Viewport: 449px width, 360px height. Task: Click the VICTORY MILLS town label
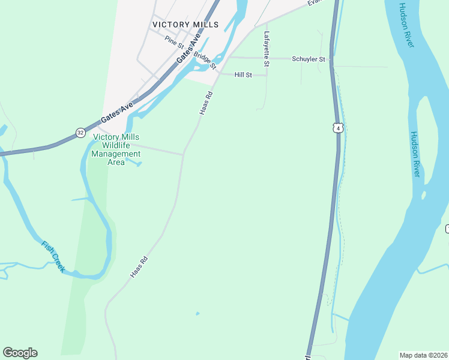185,25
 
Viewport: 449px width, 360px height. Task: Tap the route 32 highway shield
80,132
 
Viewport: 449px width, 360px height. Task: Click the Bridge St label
205,59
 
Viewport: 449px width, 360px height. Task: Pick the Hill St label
243,75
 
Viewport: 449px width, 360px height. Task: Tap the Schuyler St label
308,59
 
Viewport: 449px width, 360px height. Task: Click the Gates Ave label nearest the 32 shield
117,113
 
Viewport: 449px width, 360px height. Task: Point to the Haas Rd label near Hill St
205,103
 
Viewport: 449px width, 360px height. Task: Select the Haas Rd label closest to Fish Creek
139,268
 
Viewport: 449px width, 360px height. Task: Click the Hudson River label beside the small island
414,154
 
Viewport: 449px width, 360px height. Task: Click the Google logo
20,353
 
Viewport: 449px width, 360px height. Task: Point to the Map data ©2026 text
423,355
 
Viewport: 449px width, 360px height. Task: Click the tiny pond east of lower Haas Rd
197,313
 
